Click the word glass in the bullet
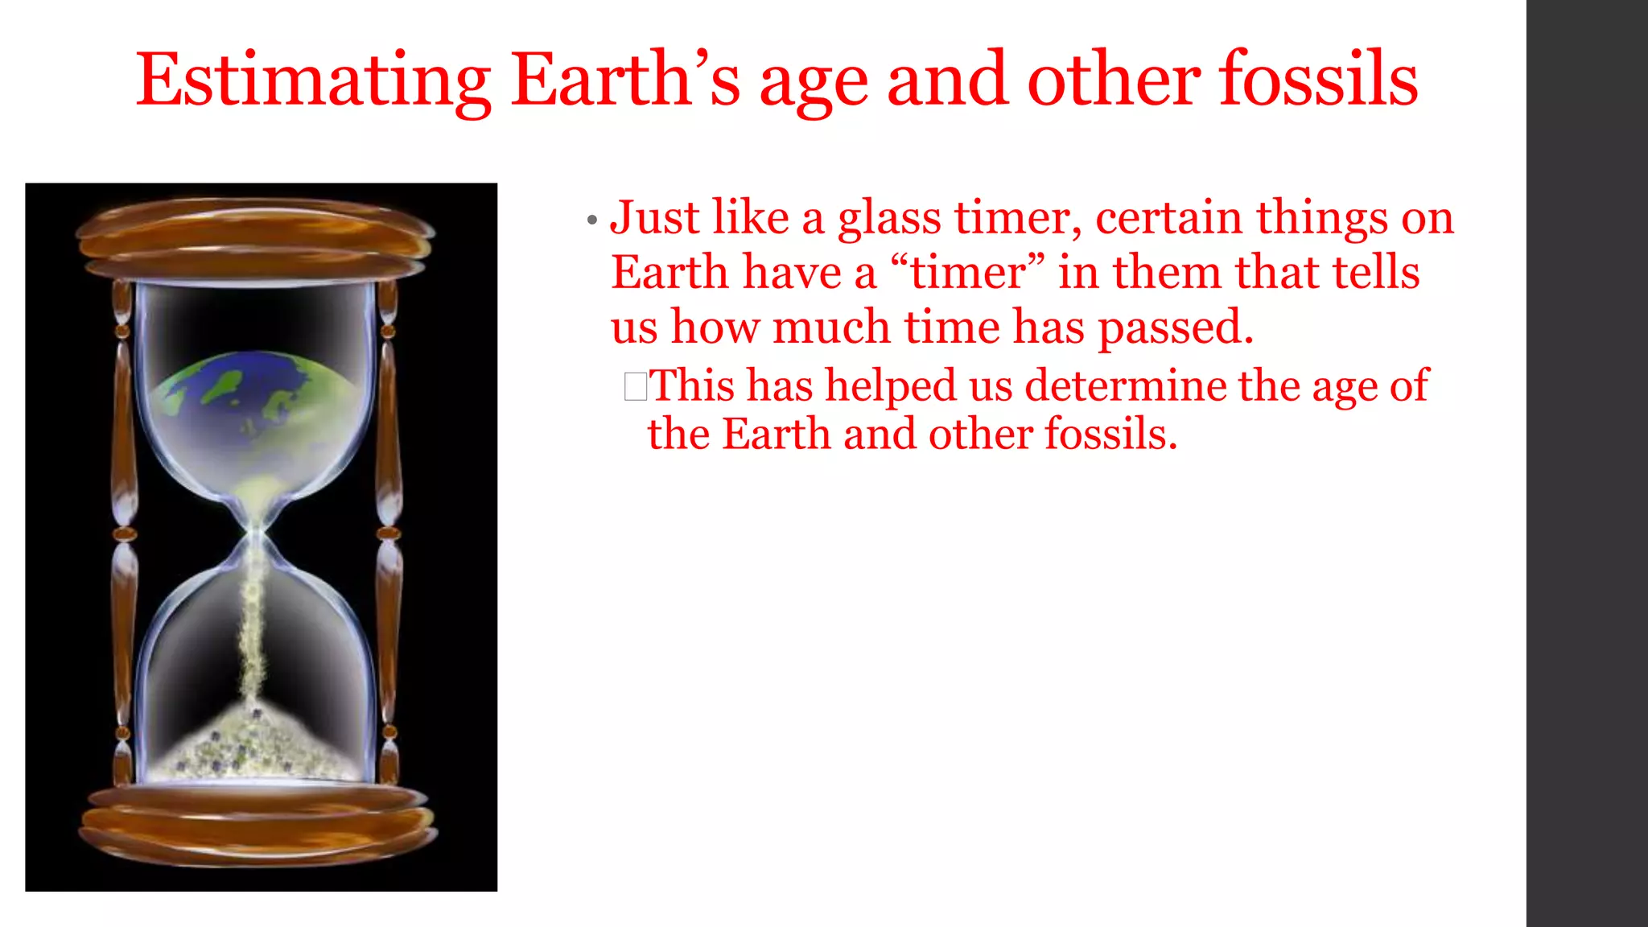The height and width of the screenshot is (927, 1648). [x=889, y=219]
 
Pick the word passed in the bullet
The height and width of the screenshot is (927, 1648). [x=1176, y=328]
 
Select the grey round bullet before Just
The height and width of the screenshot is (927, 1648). [x=592, y=220]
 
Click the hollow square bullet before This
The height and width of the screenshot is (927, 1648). [x=635, y=386]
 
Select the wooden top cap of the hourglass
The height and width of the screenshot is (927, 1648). [x=256, y=237]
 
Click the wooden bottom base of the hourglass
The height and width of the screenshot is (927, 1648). [x=257, y=825]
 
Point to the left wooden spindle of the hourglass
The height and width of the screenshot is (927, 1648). [x=123, y=531]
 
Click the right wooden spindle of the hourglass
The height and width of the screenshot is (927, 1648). [x=389, y=531]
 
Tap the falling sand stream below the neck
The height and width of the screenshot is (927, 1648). [x=254, y=628]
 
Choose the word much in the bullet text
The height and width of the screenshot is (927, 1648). [x=830, y=328]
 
